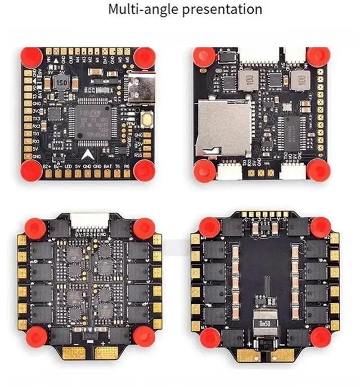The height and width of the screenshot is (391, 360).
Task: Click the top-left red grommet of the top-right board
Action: (204, 56)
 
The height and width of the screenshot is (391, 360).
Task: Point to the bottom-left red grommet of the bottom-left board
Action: (35, 336)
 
